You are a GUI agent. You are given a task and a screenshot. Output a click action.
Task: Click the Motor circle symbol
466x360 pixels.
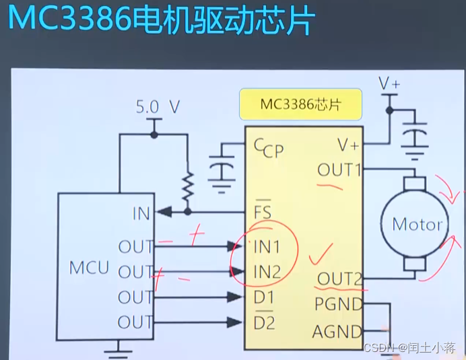tap(417, 224)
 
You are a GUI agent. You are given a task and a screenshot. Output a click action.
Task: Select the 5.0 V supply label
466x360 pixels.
tap(158, 106)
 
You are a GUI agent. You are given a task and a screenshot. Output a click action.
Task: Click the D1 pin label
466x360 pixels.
tap(264, 297)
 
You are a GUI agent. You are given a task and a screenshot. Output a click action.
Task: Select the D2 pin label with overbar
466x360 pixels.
tap(264, 322)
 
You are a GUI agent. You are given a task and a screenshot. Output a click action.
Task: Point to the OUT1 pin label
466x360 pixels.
tap(339, 170)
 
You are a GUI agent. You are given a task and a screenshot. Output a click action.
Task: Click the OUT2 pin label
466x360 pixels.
tap(340, 279)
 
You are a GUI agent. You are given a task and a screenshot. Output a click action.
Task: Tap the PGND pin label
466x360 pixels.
tap(338, 304)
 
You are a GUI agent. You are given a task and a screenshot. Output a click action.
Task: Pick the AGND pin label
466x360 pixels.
tap(337, 331)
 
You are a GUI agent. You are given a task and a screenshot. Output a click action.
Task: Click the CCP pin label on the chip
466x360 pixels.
tap(269, 147)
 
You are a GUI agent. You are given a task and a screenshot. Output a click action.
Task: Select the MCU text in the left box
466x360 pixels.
tap(89, 268)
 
